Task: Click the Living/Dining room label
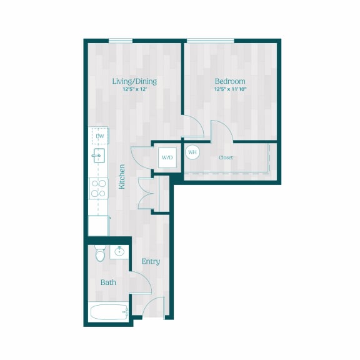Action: (134, 81)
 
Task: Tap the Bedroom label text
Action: (230, 81)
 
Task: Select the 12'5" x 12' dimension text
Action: (134, 89)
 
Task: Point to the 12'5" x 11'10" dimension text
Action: (230, 89)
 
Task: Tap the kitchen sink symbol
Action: (99, 156)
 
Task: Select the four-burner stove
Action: (99, 187)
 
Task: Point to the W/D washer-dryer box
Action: (167, 157)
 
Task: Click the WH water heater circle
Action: (192, 152)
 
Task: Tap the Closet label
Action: (226, 157)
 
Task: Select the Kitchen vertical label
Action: (122, 177)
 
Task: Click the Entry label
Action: (150, 261)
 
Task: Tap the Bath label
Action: (108, 282)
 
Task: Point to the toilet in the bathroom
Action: (100, 253)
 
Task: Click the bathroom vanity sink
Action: (119, 252)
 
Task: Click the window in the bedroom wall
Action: (211, 41)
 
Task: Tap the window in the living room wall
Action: (120, 41)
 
